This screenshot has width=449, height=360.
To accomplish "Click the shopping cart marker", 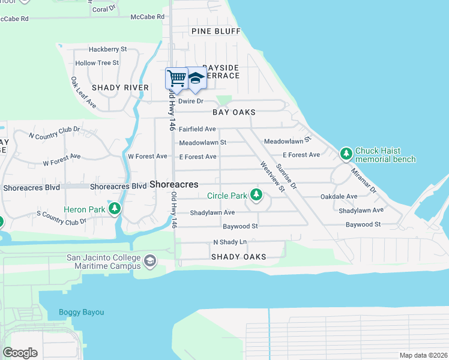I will point(176,78).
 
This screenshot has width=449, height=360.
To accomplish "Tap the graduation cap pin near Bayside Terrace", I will point(196,79).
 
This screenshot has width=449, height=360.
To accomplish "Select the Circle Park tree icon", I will point(256,194).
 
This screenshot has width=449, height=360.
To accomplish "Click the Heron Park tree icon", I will point(114,209).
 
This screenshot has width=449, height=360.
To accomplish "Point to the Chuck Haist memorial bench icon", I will point(346,154).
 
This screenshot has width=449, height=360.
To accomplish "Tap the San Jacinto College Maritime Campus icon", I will point(150,261).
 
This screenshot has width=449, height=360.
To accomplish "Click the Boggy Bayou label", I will point(81,312).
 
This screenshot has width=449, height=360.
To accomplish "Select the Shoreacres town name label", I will point(174,185).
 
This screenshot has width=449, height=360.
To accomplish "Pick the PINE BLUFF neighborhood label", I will point(215,31).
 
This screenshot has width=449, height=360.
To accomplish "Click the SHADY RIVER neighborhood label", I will point(120,88).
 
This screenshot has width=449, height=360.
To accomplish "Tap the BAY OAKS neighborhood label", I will point(234,112).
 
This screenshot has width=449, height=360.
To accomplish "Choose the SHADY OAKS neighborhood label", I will point(238,257).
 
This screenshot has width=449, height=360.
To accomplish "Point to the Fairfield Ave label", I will point(197,129).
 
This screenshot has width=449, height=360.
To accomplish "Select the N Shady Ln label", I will point(230,242).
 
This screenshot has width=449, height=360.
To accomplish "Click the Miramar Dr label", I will point(364,179).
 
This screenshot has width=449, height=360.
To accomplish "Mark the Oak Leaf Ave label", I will point(83,92).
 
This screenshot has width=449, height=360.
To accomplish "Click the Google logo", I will point(20,353).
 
